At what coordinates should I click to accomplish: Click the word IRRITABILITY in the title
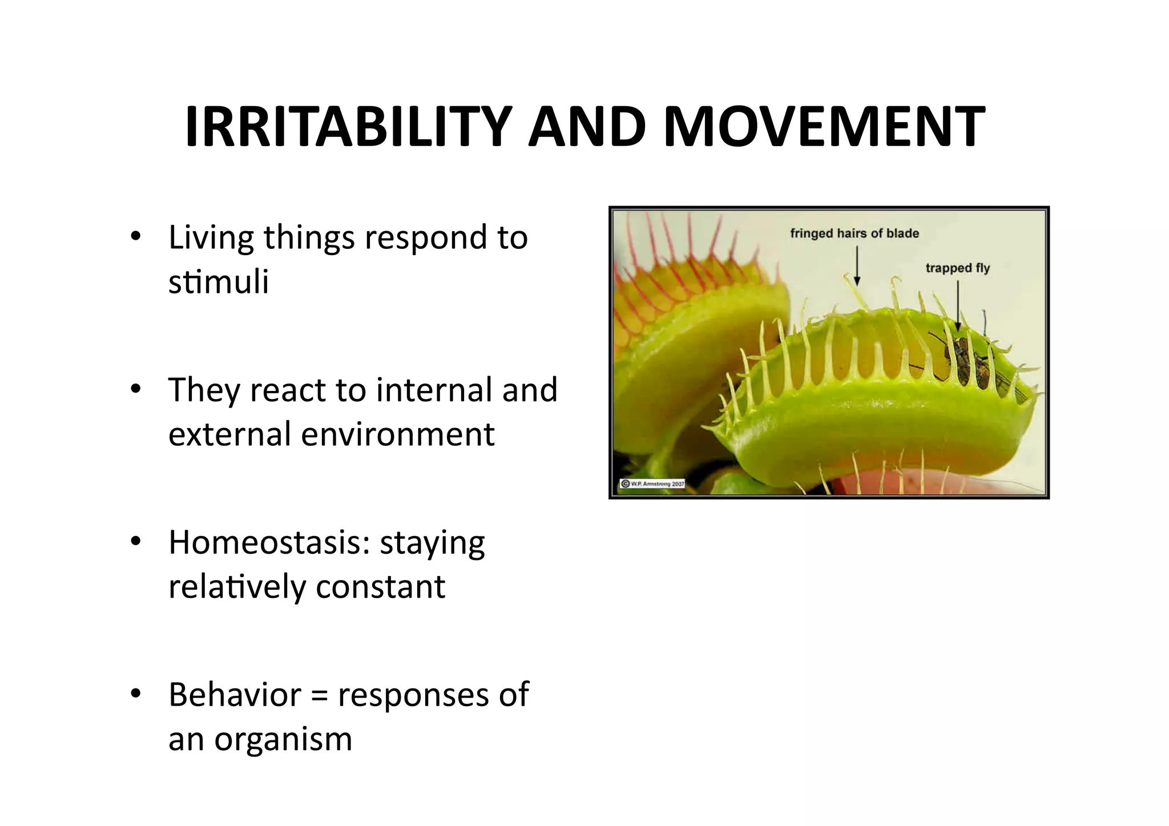(348, 126)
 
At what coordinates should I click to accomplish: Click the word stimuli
(218, 281)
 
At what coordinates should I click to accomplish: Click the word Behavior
(235, 695)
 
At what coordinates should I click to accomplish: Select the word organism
(283, 740)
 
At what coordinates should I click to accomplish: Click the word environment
(397, 434)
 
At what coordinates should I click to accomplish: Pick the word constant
(380, 587)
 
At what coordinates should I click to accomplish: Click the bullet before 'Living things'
(135, 236)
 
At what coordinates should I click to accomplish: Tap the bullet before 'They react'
(135, 389)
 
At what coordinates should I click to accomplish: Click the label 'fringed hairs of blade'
(854, 233)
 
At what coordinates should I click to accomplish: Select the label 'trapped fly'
(957, 268)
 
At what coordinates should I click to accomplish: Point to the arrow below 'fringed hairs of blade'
(857, 265)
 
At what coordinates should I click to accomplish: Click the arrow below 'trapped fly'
(958, 305)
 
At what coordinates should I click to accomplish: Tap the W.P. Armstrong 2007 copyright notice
(652, 483)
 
